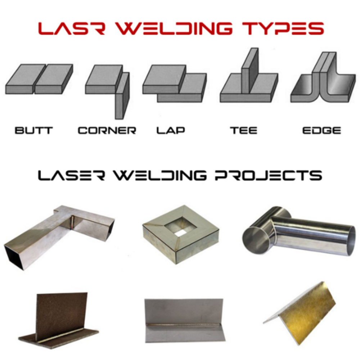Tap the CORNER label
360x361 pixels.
(x=107, y=130)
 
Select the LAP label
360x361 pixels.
(x=171, y=130)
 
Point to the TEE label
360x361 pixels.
(x=244, y=130)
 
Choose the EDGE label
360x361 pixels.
(x=321, y=130)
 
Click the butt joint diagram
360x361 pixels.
(x=39, y=79)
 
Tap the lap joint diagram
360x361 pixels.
(x=174, y=84)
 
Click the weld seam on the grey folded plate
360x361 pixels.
(x=184, y=326)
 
